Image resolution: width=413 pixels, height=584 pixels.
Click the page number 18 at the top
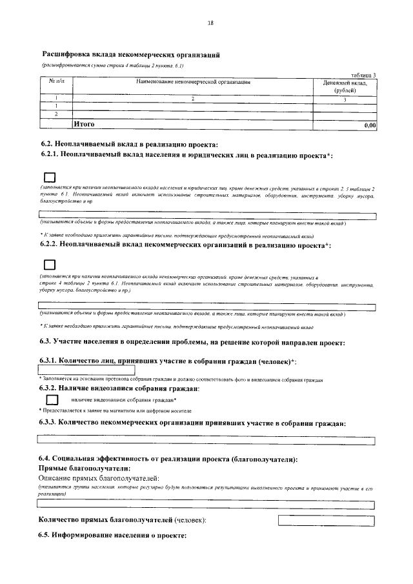click(210, 23)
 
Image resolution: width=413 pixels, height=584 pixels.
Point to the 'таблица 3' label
click(362, 75)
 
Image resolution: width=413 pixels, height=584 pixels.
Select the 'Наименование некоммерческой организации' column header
click(193, 83)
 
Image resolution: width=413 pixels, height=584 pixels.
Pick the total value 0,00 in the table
click(370, 125)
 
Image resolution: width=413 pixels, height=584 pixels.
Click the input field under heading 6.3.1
click(86, 369)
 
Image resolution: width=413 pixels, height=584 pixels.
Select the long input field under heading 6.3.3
click(206, 440)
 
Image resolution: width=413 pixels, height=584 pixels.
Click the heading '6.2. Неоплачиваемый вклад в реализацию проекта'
click(128, 144)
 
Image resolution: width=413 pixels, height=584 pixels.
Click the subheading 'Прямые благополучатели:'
click(85, 468)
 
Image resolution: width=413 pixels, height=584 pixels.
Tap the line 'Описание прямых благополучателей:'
click(98, 478)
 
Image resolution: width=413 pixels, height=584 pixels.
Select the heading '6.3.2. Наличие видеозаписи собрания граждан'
click(119, 388)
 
